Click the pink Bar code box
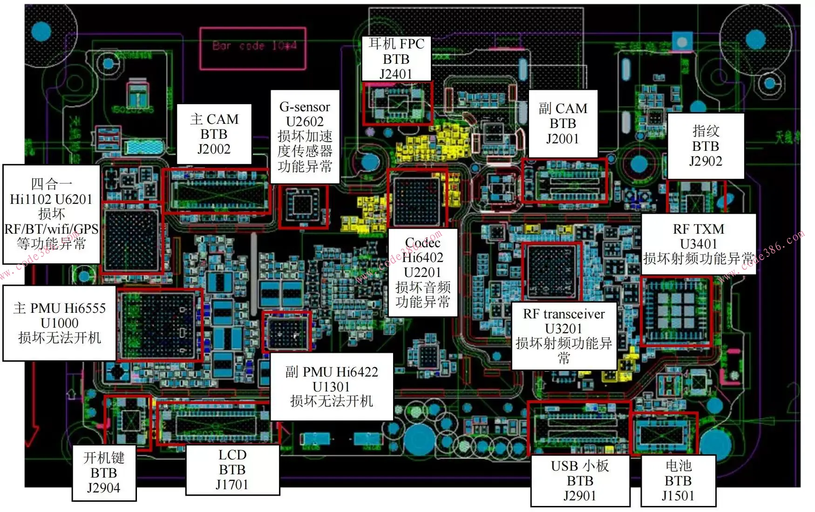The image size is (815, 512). pyautogui.click(x=253, y=48)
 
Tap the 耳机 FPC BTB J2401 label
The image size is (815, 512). pyautogui.click(x=396, y=59)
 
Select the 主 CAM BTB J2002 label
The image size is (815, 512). pyautogui.click(x=214, y=134)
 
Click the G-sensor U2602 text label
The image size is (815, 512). pyautogui.click(x=305, y=136)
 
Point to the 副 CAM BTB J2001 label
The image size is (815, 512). pyautogui.click(x=563, y=124)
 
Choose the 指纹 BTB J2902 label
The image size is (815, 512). pyautogui.click(x=706, y=146)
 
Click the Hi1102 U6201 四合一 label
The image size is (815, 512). pyautogui.click(x=51, y=214)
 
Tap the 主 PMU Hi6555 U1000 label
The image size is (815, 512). pyautogui.click(x=59, y=323)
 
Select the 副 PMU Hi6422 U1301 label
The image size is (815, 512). pyautogui.click(x=331, y=386)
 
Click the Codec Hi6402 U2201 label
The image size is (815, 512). pyautogui.click(x=422, y=272)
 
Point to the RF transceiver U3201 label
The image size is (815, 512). pyautogui.click(x=564, y=336)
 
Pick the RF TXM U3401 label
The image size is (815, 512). pyautogui.click(x=698, y=244)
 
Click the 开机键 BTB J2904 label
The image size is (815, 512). pyautogui.click(x=104, y=472)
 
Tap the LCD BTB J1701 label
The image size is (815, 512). pyautogui.click(x=232, y=470)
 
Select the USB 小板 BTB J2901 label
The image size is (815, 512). pyautogui.click(x=580, y=480)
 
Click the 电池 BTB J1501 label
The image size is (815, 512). pyautogui.click(x=678, y=480)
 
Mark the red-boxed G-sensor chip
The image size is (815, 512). pyautogui.click(x=303, y=206)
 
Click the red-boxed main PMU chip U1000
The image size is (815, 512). pyautogui.click(x=159, y=324)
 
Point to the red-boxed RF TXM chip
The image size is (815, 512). pyautogui.click(x=676, y=310)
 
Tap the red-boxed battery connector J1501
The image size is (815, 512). pyautogui.click(x=664, y=433)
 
